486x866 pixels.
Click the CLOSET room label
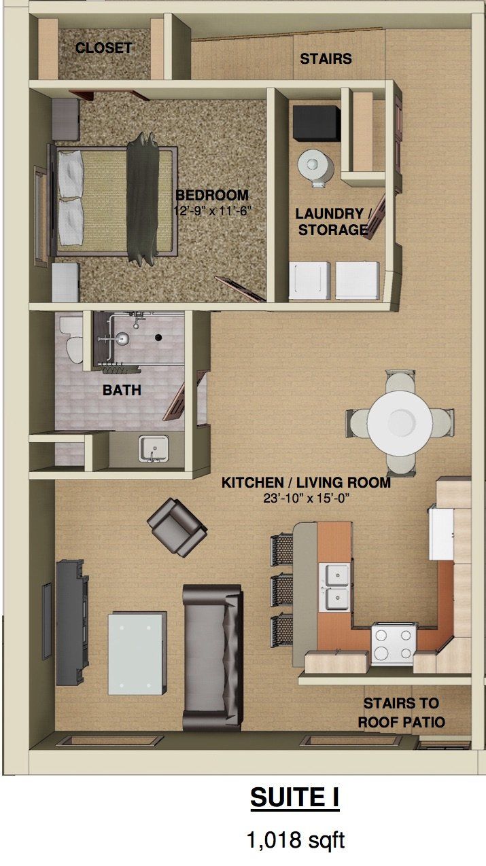click(x=103, y=48)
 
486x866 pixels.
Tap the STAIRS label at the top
click(x=326, y=59)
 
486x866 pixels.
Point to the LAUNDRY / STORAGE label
click(x=332, y=221)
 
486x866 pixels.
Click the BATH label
click(x=122, y=391)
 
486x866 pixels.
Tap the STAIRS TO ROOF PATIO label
click(x=400, y=712)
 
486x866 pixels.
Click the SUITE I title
click(x=294, y=798)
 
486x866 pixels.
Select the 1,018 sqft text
click(x=295, y=840)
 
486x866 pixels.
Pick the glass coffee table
click(x=137, y=653)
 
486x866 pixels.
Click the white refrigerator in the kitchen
click(x=442, y=532)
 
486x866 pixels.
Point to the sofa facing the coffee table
click(x=211, y=656)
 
